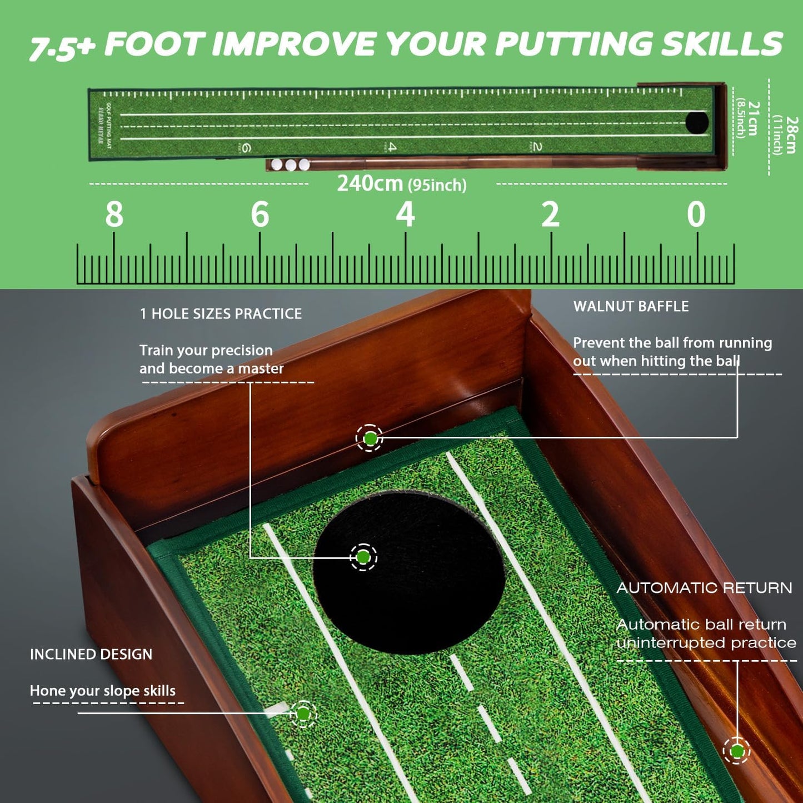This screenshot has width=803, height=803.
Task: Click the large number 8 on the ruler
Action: (x=114, y=215)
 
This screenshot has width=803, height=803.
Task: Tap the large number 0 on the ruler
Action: (x=696, y=215)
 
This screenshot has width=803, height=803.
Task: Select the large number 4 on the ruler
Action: (x=405, y=215)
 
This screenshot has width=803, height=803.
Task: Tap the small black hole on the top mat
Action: (x=697, y=122)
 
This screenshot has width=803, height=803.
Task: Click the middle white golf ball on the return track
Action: (x=291, y=164)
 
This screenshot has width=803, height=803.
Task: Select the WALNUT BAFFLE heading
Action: (x=631, y=306)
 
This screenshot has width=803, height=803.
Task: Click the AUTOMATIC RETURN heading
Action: (x=704, y=588)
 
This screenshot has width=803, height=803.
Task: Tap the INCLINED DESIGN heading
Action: (x=91, y=654)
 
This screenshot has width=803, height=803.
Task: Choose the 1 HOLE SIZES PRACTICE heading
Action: (x=221, y=314)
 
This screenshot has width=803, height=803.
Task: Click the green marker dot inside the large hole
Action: (x=363, y=557)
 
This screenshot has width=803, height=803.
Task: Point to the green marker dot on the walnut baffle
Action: (x=370, y=438)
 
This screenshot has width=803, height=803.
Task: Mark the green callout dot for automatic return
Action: (x=737, y=751)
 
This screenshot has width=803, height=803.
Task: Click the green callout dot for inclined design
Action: (x=303, y=714)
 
